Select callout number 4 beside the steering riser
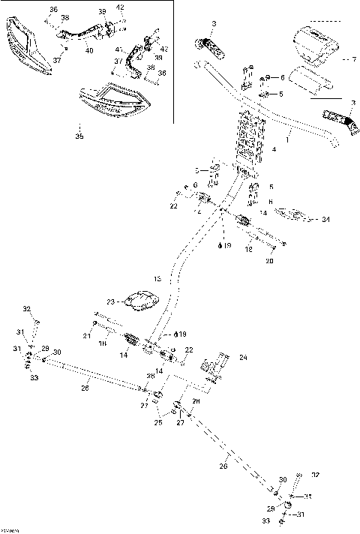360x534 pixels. click(274, 150)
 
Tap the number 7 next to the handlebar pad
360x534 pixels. click(345, 58)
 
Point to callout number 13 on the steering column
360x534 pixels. click(157, 279)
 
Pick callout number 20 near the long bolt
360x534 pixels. click(270, 262)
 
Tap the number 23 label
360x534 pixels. click(111, 301)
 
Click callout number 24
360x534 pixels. click(242, 356)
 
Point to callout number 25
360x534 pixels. click(157, 423)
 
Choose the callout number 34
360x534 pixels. click(325, 220)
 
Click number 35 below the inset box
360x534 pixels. click(79, 136)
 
